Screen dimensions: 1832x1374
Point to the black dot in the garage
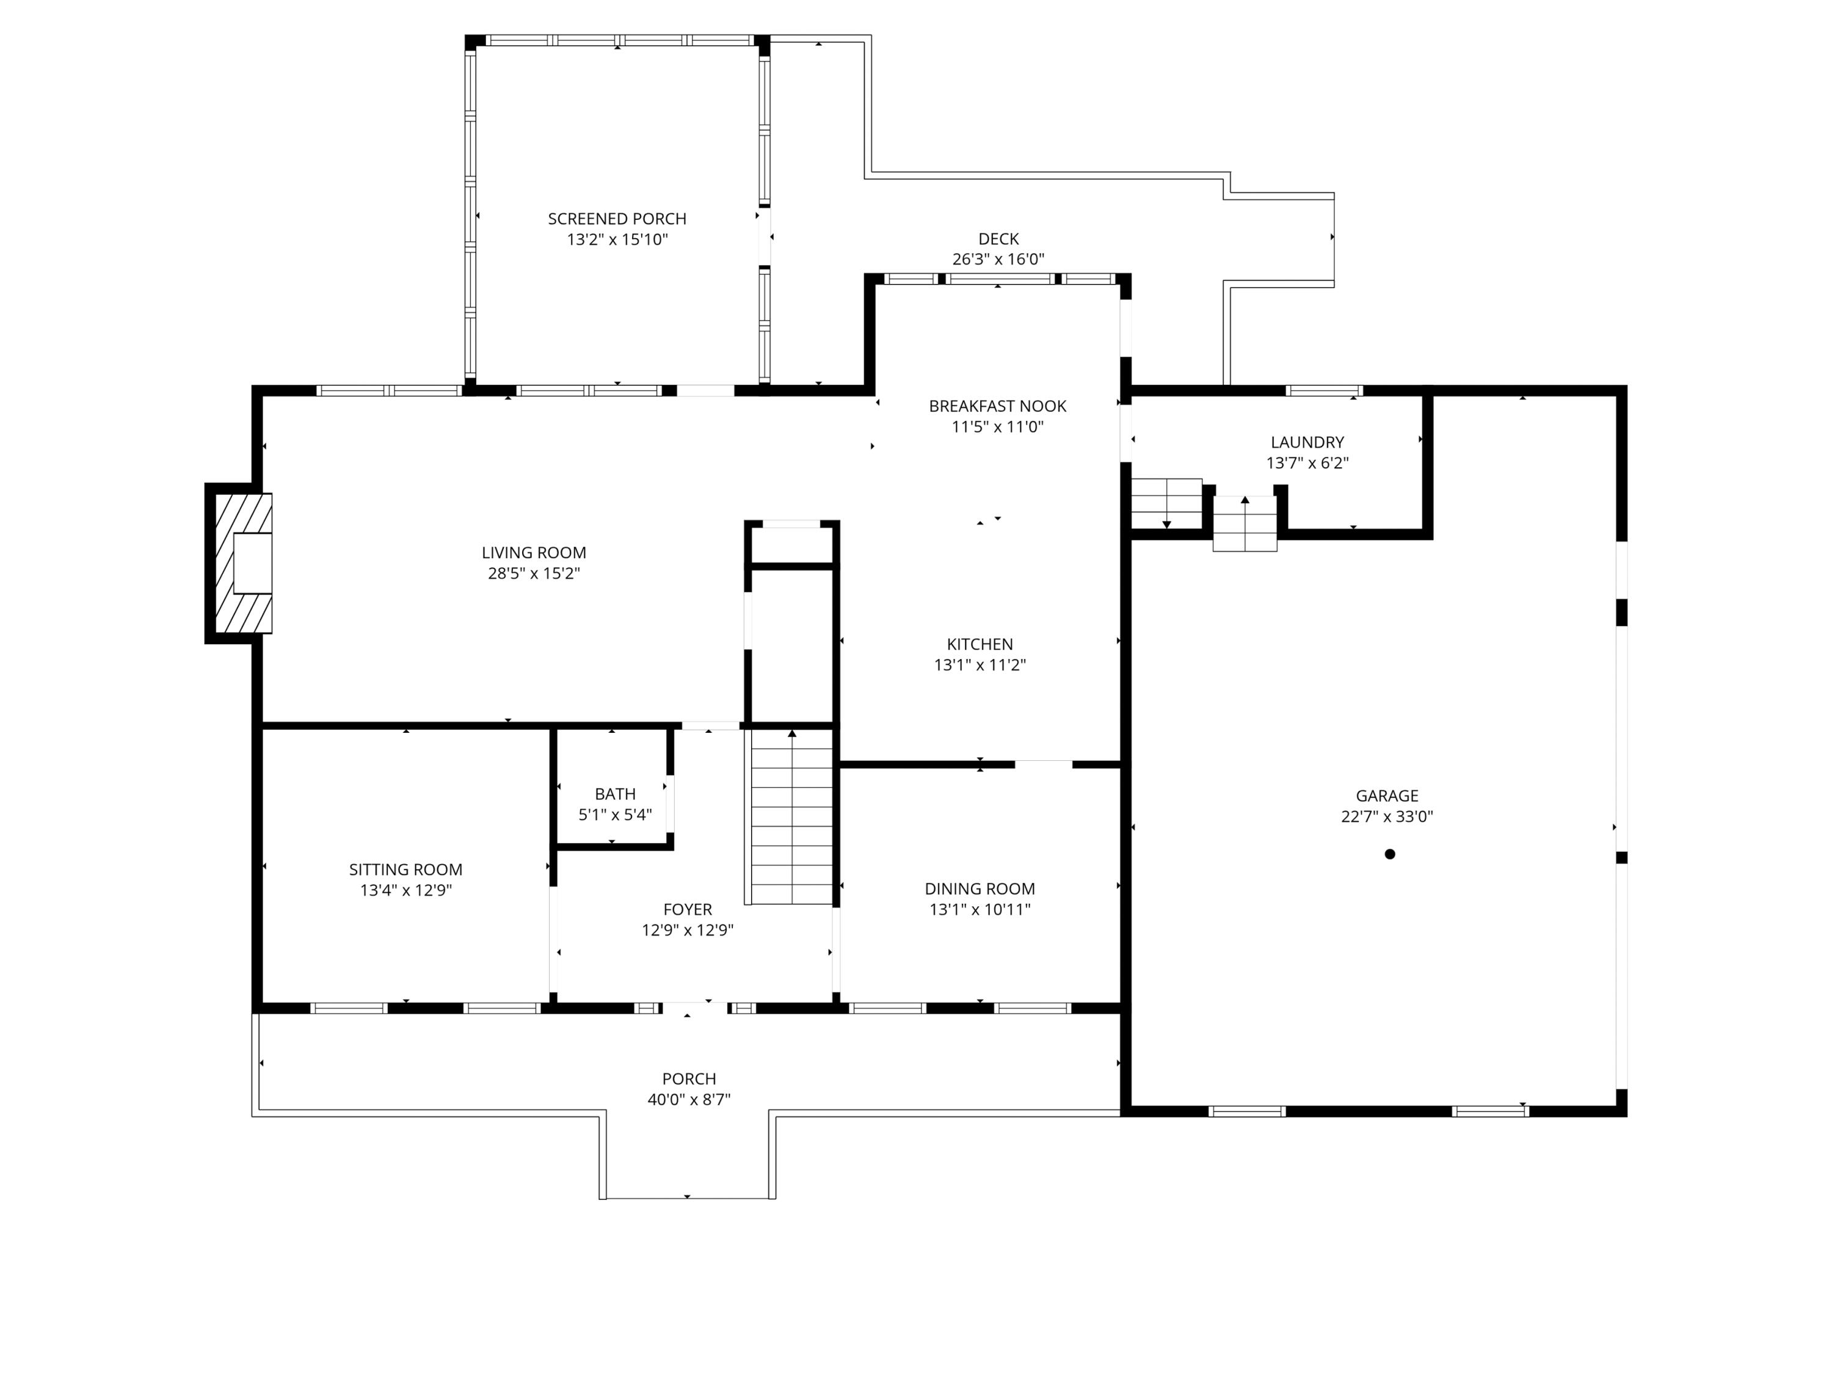pos(1390,854)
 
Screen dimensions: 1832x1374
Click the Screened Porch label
pos(617,219)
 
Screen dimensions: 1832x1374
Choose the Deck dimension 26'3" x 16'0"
pos(998,260)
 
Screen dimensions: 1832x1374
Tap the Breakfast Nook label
pos(997,406)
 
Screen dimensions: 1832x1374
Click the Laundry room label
pos(1307,442)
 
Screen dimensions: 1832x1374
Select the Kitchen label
pos(980,644)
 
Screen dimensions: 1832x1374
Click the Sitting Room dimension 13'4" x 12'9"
pos(406,890)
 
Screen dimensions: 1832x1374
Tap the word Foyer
pos(688,909)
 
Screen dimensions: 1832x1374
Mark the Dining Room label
pos(980,889)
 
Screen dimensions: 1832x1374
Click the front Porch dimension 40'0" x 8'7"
pos(689,1100)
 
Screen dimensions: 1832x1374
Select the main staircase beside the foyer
pos(791,816)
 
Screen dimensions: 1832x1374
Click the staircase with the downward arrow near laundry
pos(1167,504)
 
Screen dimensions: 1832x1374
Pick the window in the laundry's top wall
pos(1323,391)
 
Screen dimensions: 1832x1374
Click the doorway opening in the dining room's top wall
pos(1044,763)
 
